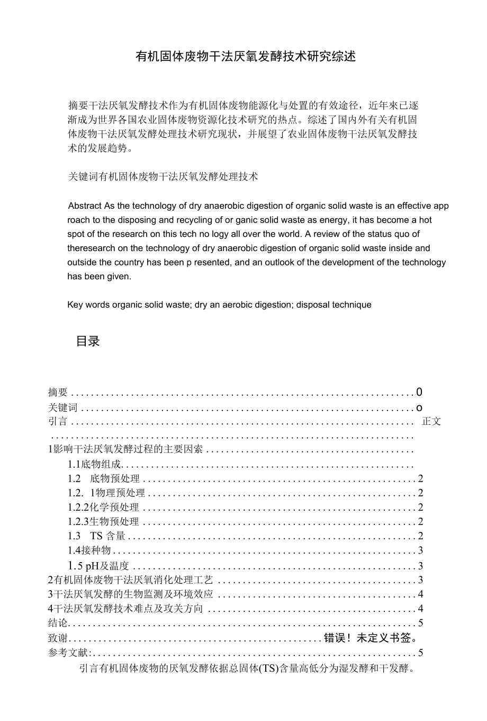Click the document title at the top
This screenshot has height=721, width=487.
pyautogui.click(x=246, y=56)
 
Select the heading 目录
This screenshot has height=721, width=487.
pyautogui.click(x=88, y=341)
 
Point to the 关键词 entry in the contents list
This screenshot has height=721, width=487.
pyautogui.click(x=62, y=407)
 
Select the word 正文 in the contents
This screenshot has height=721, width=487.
pyautogui.click(x=431, y=422)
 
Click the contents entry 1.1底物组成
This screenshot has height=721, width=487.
pyautogui.click(x=95, y=465)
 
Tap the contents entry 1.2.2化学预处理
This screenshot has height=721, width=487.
pyautogui.click(x=103, y=508)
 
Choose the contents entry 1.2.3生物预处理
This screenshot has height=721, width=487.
pyautogui.click(x=103, y=522)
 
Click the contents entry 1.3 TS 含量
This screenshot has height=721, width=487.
pyautogui.click(x=97, y=536)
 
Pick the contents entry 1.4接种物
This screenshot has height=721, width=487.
pyautogui.click(x=89, y=550)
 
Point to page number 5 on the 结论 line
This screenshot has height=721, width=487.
pyautogui.click(x=420, y=623)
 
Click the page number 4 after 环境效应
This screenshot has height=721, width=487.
pyautogui.click(x=420, y=594)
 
